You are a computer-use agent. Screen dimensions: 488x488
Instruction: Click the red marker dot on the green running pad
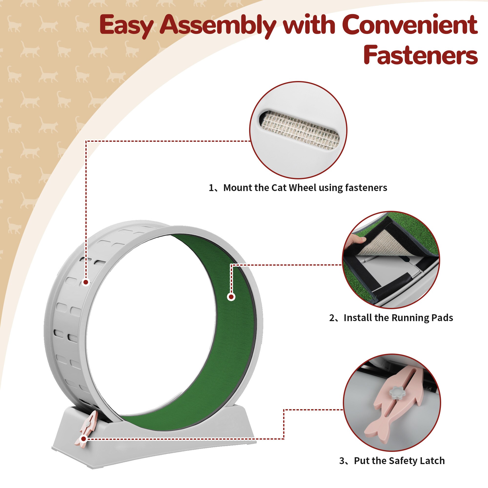point(231,297)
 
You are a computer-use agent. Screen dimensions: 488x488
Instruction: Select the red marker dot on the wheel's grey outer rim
point(86,282)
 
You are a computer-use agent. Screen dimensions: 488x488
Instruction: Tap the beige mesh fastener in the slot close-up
point(300,130)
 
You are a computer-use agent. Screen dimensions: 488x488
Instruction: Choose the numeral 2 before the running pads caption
point(332,318)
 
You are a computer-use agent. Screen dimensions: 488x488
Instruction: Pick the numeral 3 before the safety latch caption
point(342,461)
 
